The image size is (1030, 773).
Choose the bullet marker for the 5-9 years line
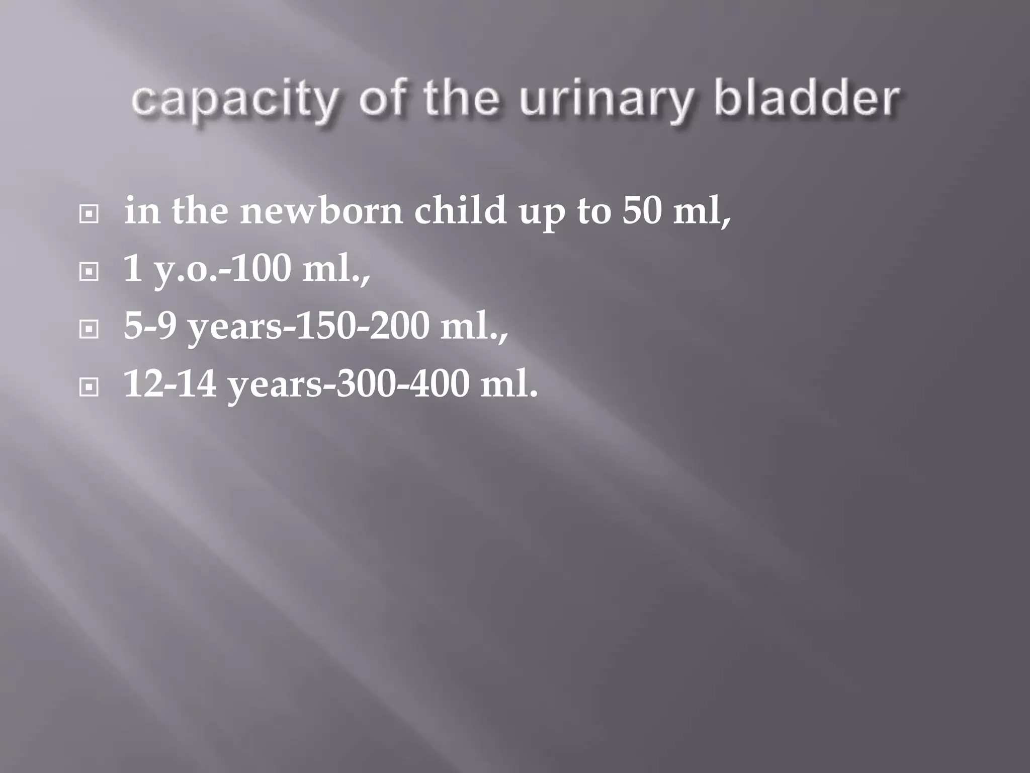pyautogui.click(x=89, y=330)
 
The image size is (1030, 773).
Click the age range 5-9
pyautogui.click(x=150, y=326)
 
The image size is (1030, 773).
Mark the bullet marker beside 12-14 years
pyautogui.click(x=89, y=388)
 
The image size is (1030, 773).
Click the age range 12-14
pyautogui.click(x=170, y=383)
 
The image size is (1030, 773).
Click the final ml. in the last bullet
pyautogui.click(x=508, y=383)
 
